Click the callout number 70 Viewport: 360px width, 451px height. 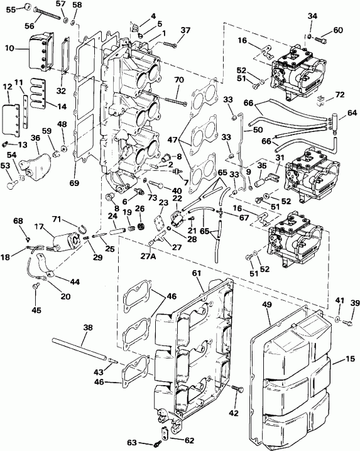(178, 80)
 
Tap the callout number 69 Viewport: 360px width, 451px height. (74, 183)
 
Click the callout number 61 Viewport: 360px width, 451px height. (196, 273)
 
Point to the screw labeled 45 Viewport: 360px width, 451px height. (36, 287)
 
